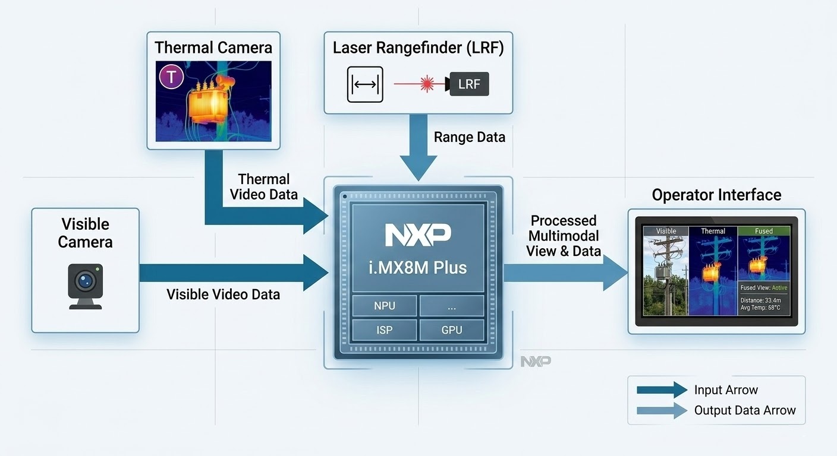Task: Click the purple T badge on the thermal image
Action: click(x=172, y=77)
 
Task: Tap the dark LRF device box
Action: click(x=469, y=84)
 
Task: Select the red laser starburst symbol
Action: click(x=427, y=84)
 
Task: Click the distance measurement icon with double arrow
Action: click(x=365, y=84)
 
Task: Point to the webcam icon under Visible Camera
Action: click(x=86, y=286)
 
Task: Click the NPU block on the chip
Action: click(x=384, y=306)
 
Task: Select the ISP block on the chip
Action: click(x=384, y=330)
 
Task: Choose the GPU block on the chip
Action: click(x=452, y=330)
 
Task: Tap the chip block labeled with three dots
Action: click(x=452, y=306)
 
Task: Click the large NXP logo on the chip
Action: click(x=418, y=235)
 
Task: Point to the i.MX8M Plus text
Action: click(x=418, y=267)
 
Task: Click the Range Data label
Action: click(x=470, y=137)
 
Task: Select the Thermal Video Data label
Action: click(x=263, y=186)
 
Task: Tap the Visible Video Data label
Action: click(x=223, y=294)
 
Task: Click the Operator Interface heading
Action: click(x=716, y=195)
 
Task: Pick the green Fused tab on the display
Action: click(x=764, y=231)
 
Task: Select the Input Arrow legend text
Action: click(x=726, y=390)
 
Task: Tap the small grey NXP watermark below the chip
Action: click(x=536, y=361)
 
